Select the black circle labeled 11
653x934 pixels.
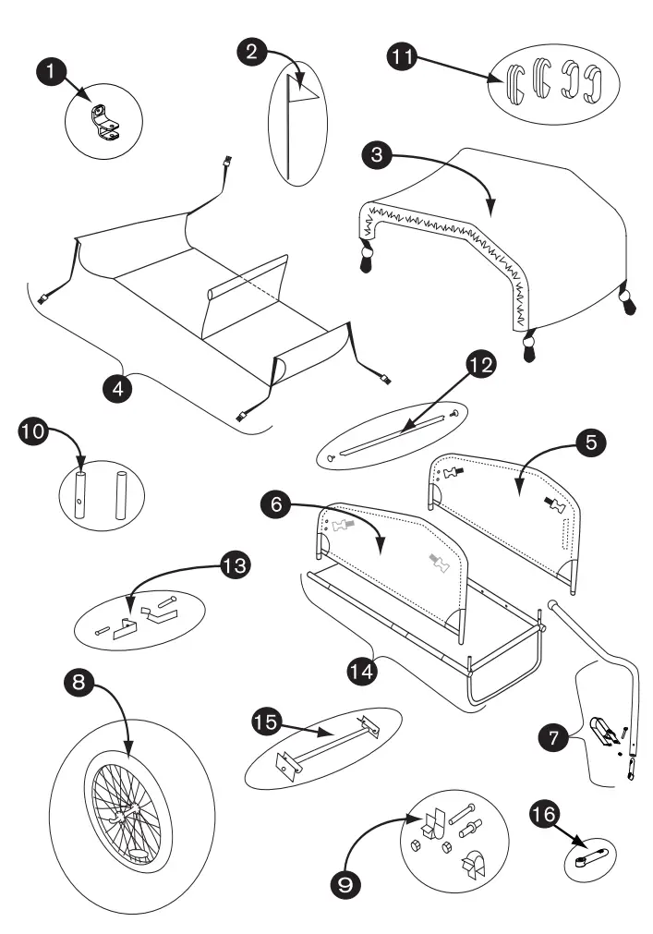399,57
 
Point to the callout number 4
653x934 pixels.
118,387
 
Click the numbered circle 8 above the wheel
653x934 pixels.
78,684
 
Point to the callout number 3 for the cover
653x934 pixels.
374,155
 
